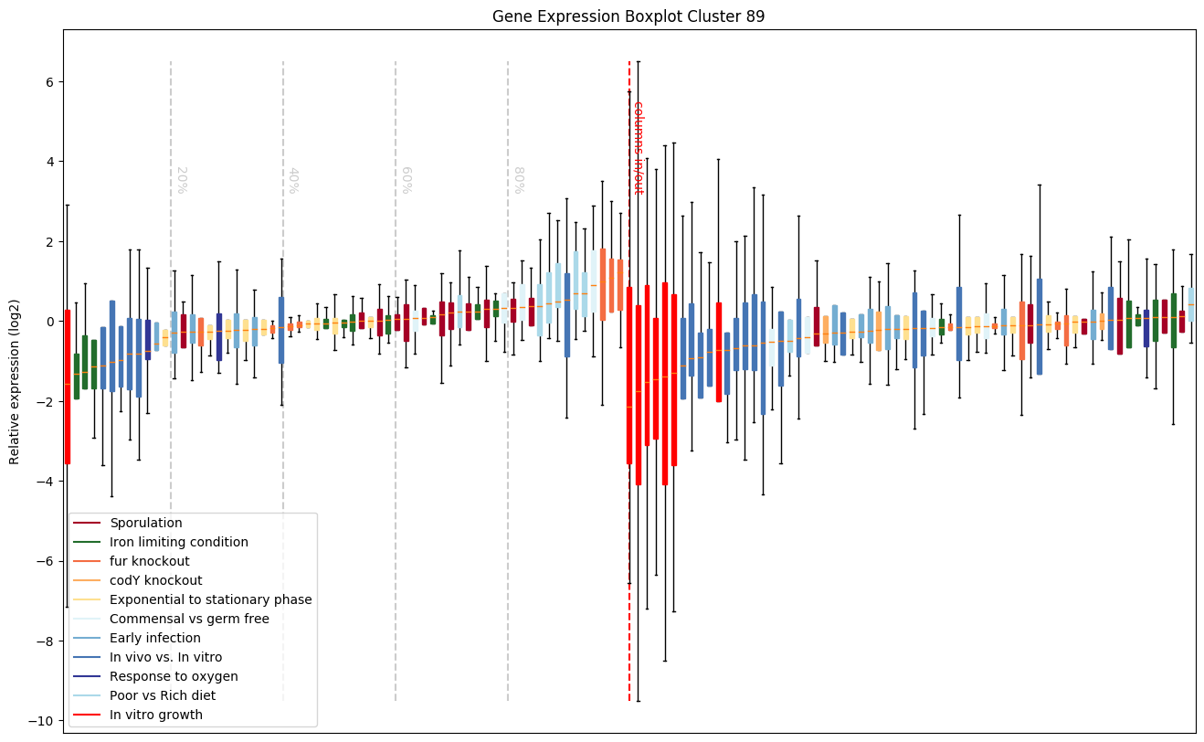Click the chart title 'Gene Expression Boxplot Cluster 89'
628,16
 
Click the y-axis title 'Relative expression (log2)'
15,381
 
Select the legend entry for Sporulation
146,524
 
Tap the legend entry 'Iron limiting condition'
178,543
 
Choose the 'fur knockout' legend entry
149,562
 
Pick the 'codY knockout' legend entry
155,581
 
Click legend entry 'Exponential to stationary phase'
210,600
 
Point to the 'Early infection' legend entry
154,639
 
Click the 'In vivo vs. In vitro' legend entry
165,658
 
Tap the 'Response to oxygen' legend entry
174,677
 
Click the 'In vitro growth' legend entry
155,715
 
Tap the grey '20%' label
181,180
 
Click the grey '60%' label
406,180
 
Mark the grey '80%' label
518,180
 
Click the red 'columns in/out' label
639,147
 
